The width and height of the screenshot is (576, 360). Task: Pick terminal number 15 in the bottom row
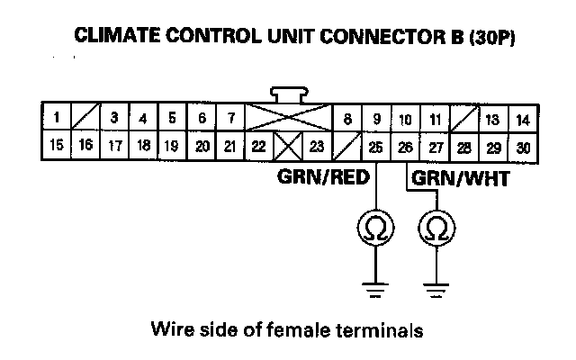(x=56, y=145)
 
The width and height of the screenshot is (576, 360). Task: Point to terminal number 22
(x=259, y=146)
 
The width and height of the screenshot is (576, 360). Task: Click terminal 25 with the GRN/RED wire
(x=375, y=146)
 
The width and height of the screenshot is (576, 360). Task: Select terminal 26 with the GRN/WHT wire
(x=405, y=146)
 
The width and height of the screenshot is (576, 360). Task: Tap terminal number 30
(x=522, y=146)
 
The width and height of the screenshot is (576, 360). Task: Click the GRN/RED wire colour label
(x=323, y=178)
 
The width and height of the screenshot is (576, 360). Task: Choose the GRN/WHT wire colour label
(x=461, y=178)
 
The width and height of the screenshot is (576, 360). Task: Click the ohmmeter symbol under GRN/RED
(x=375, y=230)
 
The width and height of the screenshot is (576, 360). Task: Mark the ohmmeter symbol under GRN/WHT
(x=435, y=230)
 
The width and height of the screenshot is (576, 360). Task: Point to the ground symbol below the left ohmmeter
(x=375, y=289)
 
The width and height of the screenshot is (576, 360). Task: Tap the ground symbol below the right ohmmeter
(x=435, y=289)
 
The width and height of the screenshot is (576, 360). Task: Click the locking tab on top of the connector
(x=289, y=94)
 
